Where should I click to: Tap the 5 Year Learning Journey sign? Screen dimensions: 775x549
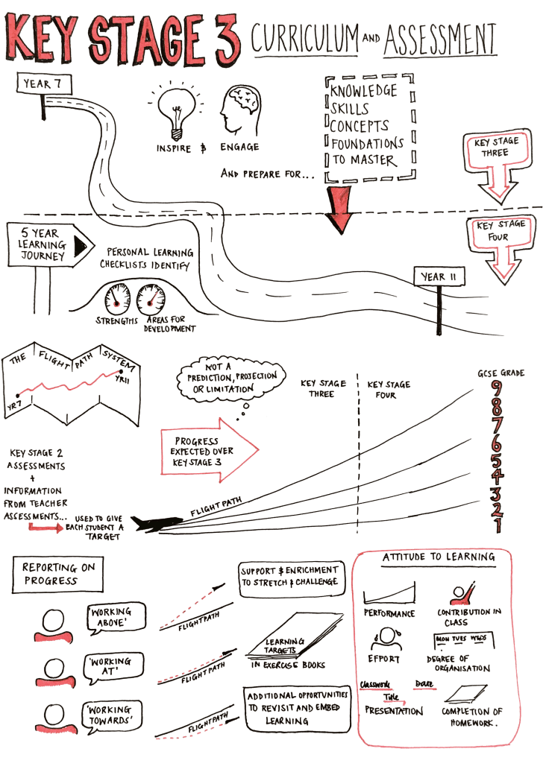tap(46, 244)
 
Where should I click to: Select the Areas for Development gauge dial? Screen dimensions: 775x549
tap(153, 298)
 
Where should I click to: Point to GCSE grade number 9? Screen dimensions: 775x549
tap(498, 389)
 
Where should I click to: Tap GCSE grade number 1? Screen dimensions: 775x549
tap(498, 526)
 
